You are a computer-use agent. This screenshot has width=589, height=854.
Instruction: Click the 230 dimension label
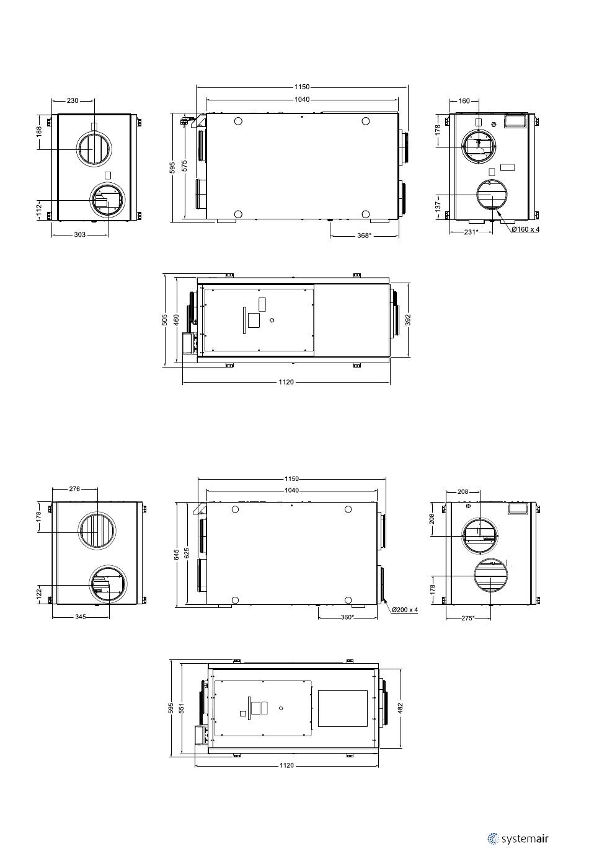pyautogui.click(x=73, y=100)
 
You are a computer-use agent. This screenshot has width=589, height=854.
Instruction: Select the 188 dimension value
pyautogui.click(x=39, y=131)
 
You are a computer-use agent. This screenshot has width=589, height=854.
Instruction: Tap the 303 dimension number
pyautogui.click(x=80, y=234)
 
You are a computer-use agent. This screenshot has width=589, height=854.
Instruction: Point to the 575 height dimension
pyautogui.click(x=184, y=166)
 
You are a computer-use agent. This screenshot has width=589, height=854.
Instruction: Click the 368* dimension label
pyautogui.click(x=363, y=236)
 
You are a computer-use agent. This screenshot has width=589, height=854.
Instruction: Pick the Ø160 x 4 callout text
pyautogui.click(x=526, y=229)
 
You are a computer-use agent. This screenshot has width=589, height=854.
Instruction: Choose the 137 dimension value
pyautogui.click(x=438, y=206)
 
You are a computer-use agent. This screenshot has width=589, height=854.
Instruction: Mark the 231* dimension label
pyautogui.click(x=471, y=232)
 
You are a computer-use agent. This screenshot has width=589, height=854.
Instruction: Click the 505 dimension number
pyautogui.click(x=164, y=320)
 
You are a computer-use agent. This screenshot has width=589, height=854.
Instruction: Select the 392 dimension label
pyautogui.click(x=408, y=320)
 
